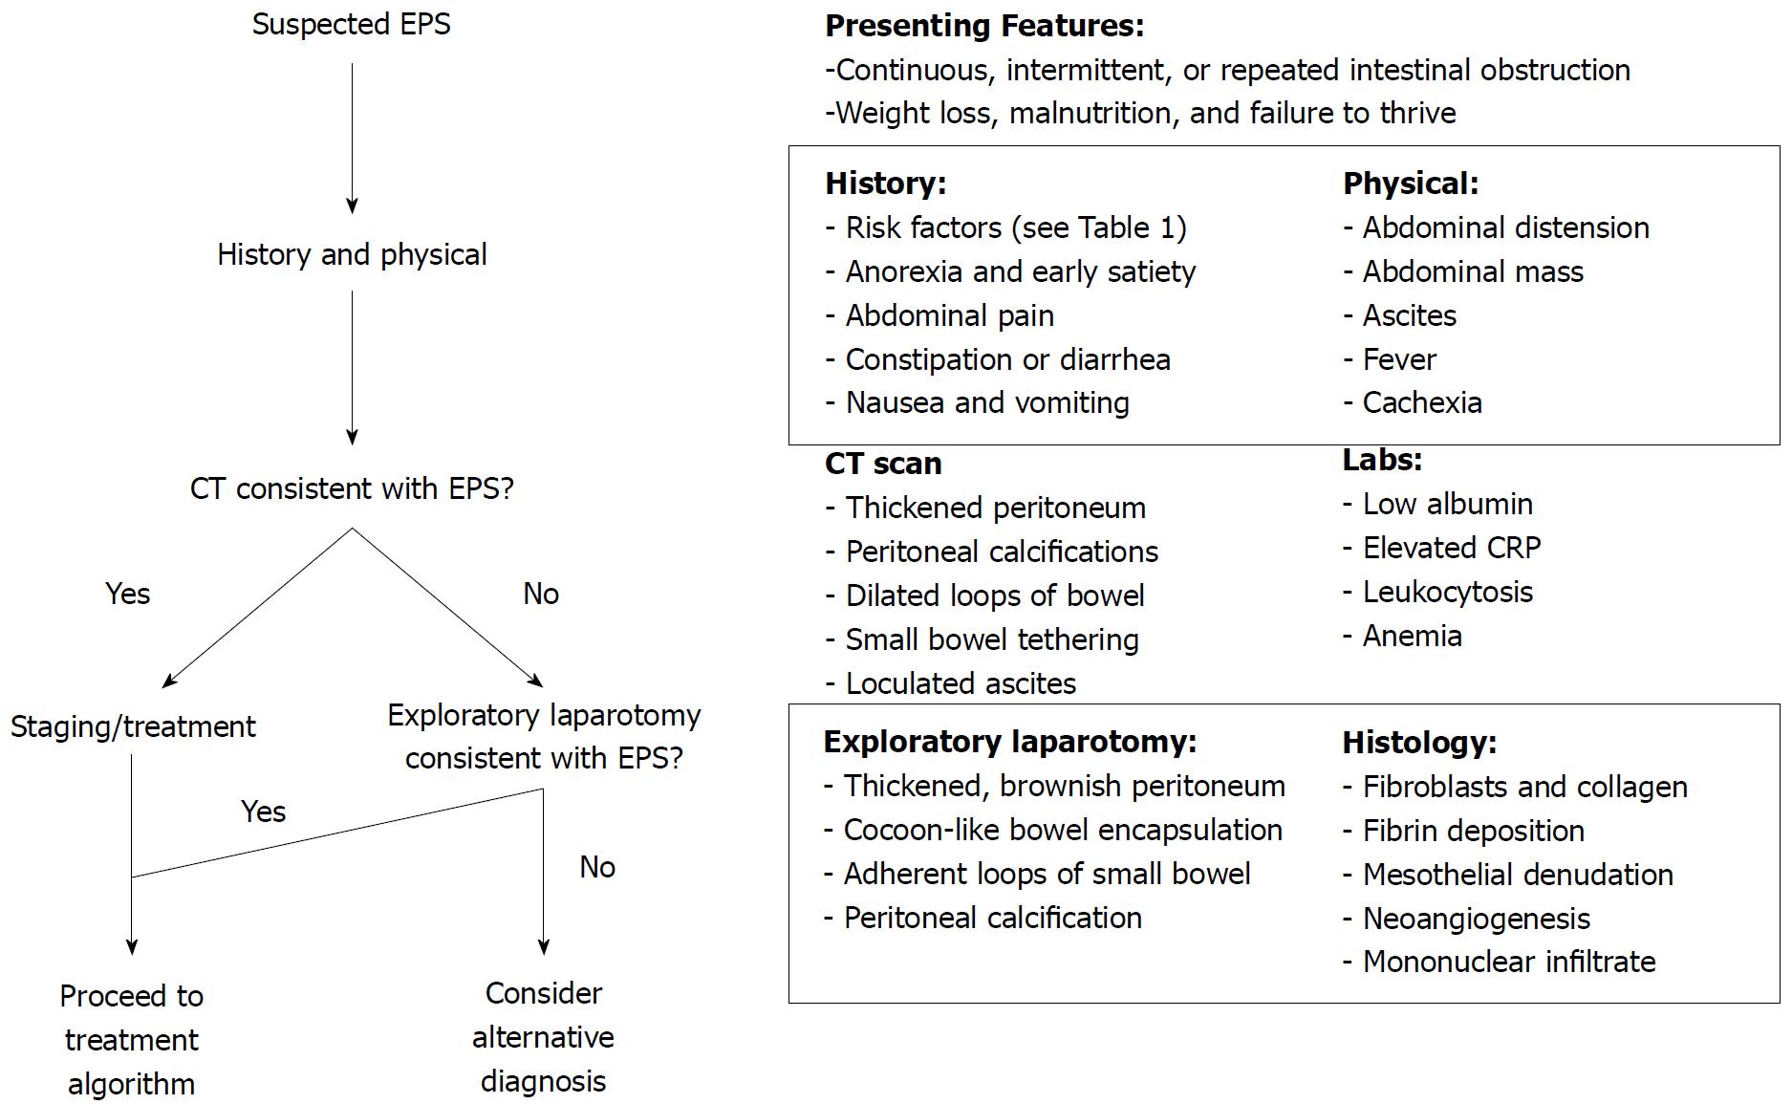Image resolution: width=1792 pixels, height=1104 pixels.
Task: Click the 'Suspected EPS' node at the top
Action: pyautogui.click(x=352, y=25)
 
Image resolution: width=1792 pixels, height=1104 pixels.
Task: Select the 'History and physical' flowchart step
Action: pyautogui.click(x=352, y=254)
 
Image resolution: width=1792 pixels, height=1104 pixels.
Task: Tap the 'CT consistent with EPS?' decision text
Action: pyautogui.click(x=352, y=488)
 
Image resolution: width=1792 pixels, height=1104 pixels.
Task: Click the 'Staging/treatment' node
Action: pyautogui.click(x=133, y=726)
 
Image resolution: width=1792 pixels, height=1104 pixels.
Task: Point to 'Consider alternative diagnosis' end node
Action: pyautogui.click(x=543, y=1037)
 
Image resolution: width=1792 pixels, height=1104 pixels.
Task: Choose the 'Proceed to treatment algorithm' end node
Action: pyautogui.click(x=132, y=1040)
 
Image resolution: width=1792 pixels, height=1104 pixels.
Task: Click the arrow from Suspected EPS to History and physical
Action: pyautogui.click(x=352, y=139)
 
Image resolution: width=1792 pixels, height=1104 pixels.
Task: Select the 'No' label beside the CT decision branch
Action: pyautogui.click(x=541, y=594)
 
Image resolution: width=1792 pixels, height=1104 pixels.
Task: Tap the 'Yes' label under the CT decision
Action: pyautogui.click(x=128, y=594)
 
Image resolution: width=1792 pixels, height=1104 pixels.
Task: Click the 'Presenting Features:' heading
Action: pyautogui.click(x=984, y=26)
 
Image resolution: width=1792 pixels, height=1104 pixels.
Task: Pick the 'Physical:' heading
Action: pyautogui.click(x=1411, y=184)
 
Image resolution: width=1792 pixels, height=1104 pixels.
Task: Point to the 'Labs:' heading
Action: pyautogui.click(x=1382, y=460)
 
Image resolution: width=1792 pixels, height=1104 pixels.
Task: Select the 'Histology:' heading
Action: pyautogui.click(x=1419, y=743)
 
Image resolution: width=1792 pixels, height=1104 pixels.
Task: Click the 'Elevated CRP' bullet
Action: pyautogui.click(x=1442, y=548)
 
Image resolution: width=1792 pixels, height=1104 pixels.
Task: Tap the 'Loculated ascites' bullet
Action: pyautogui.click(x=950, y=683)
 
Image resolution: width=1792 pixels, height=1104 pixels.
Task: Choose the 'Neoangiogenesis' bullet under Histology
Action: pyautogui.click(x=1466, y=919)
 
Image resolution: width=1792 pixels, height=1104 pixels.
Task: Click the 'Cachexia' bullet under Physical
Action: pyautogui.click(x=1413, y=402)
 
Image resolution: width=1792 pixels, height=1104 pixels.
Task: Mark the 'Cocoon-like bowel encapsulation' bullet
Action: pyautogui.click(x=1053, y=830)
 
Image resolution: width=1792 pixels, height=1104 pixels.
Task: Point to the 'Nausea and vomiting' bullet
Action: pyautogui.click(x=977, y=402)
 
